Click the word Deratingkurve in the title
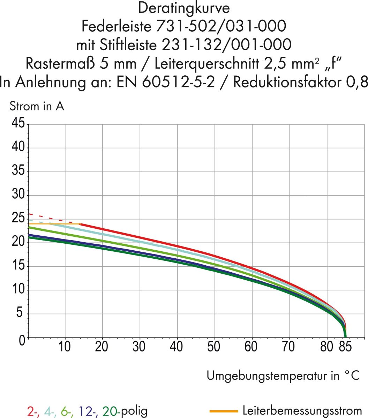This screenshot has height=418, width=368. (184, 8)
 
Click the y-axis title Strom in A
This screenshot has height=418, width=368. (37, 106)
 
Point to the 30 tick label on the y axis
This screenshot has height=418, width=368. (18, 195)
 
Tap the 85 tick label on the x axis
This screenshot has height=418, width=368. (346, 347)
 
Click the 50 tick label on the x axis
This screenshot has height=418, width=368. (213, 347)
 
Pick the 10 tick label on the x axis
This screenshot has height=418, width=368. (64, 347)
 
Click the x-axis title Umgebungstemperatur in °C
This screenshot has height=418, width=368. (283, 376)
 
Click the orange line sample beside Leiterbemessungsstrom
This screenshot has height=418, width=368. (224, 411)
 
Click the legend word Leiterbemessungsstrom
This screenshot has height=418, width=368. (302, 411)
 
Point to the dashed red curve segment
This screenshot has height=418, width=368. (52, 219)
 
